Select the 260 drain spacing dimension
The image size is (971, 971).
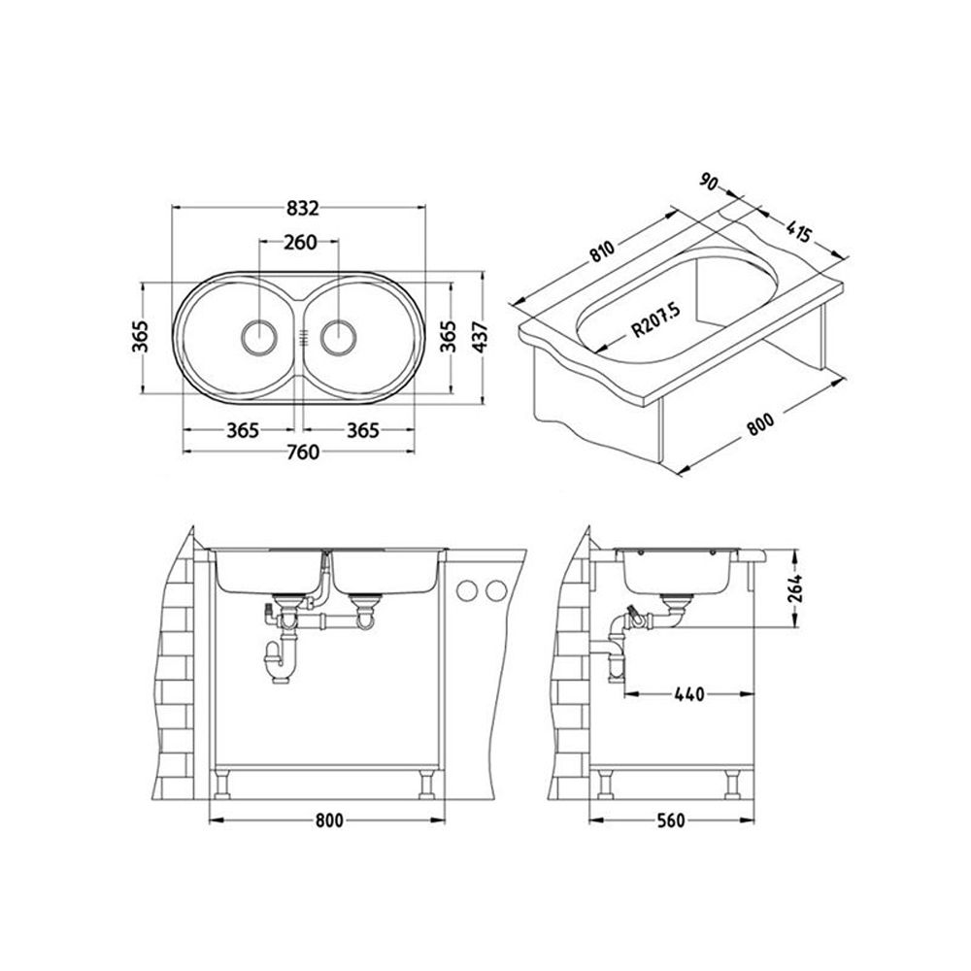tap(300, 242)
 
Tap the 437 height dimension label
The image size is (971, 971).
tap(483, 338)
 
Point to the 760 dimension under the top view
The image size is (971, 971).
tap(303, 452)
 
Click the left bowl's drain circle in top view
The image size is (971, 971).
tap(257, 338)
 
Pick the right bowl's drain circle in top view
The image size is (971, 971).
tap(339, 338)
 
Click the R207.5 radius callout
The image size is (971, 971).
tap(655, 318)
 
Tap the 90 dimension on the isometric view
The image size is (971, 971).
tap(709, 183)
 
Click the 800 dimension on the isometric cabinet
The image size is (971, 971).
tap(760, 424)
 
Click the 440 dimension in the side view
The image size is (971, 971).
tap(689, 694)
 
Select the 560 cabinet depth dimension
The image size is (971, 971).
tap(671, 820)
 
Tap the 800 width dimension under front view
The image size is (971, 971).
tap(329, 820)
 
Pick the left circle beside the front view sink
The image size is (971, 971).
tap(466, 591)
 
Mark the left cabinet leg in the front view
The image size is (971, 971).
tap(222, 784)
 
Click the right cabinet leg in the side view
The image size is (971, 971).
tap(732, 784)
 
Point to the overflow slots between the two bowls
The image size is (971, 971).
tap(302, 338)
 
